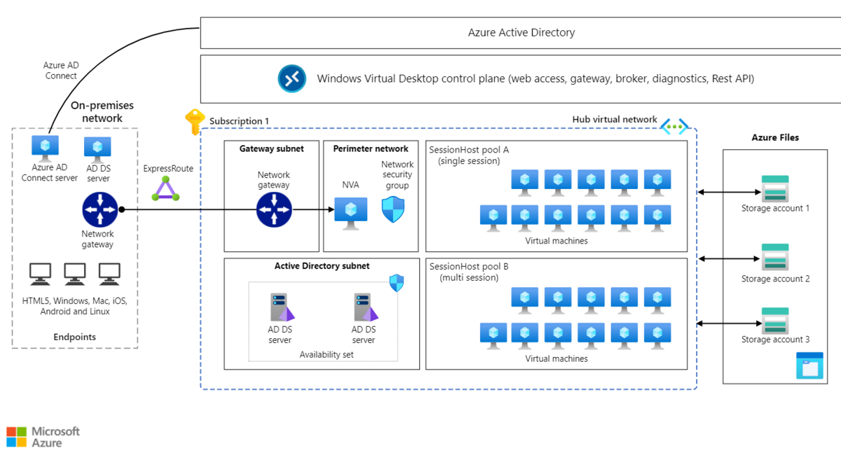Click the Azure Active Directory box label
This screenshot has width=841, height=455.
[521, 32]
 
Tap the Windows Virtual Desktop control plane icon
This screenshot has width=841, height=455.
[292, 78]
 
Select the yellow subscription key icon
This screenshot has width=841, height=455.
[194, 122]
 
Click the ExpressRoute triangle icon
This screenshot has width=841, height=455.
[166, 188]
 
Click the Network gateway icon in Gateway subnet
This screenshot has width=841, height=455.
[273, 209]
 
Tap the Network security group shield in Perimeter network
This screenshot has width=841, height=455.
[392, 209]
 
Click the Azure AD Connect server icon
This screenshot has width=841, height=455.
[46, 147]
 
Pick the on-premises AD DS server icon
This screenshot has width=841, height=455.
[98, 148]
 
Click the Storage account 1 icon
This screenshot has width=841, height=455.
[775, 189]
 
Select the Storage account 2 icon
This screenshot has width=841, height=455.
[775, 257]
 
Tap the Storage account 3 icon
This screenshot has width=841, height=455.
[775, 321]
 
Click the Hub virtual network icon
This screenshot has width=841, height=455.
[674, 127]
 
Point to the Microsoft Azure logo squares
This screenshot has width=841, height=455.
[16, 437]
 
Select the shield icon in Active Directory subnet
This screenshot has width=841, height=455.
[397, 283]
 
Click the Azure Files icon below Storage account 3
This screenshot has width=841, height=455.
[809, 366]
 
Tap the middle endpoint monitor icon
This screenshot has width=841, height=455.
[75, 274]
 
